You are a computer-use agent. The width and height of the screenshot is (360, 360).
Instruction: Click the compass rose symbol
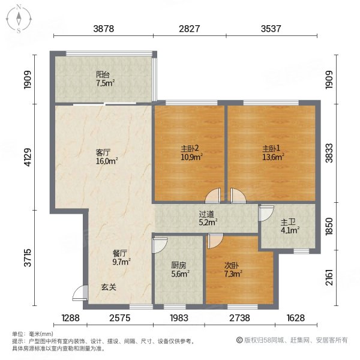click(19, 19)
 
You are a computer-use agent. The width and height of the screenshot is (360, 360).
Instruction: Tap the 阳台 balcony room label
click(103, 74)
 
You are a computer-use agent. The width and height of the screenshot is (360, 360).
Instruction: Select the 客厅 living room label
click(103, 152)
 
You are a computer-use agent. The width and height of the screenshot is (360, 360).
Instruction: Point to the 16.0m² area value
click(107, 161)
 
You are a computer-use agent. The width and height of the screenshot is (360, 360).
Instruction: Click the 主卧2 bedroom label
click(190, 149)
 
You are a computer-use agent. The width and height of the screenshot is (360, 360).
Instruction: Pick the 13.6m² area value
click(273, 157)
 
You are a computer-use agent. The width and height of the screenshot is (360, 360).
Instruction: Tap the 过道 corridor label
click(206, 214)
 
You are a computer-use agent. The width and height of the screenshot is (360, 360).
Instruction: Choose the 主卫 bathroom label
click(288, 222)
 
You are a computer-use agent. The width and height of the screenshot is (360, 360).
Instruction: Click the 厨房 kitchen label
click(178, 265)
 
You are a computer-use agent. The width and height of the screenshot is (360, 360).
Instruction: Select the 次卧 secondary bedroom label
click(232, 265)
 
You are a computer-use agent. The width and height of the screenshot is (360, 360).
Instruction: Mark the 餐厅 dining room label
click(119, 253)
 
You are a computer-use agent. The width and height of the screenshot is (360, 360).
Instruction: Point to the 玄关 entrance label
click(109, 287)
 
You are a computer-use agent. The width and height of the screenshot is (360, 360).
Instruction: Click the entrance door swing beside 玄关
click(80, 293)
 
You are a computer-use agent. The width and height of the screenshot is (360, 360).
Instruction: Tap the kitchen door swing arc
click(160, 245)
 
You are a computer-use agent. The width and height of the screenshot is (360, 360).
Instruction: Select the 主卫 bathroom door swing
click(266, 214)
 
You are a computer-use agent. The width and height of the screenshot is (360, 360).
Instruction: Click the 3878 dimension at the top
click(104, 29)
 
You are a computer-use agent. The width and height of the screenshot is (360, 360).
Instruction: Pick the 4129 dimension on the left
click(28, 157)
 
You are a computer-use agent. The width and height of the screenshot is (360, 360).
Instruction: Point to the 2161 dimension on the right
click(329, 278)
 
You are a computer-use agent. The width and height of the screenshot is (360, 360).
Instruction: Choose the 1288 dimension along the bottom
click(70, 318)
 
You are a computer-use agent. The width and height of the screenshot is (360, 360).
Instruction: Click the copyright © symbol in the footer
click(239, 340)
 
